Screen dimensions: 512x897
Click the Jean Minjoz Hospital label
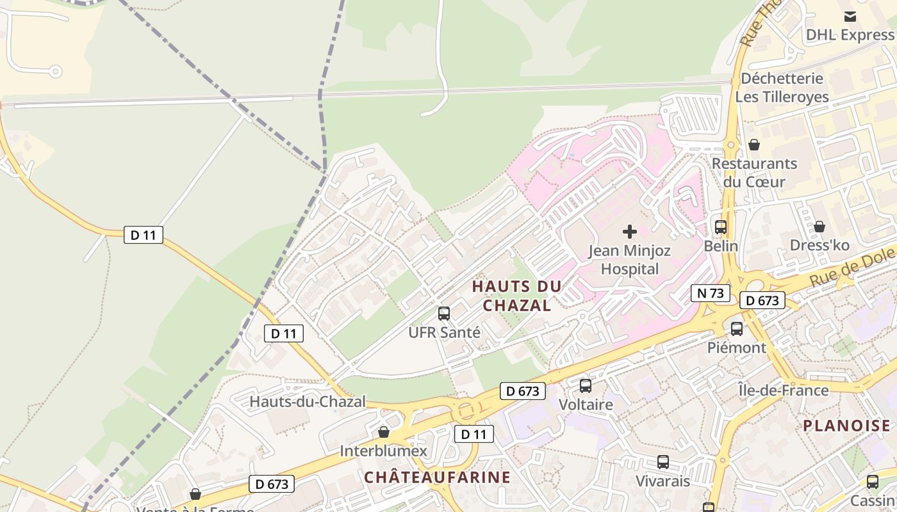630,259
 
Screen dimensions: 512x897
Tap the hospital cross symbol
630,231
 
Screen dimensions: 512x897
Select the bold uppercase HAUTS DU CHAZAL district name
516,296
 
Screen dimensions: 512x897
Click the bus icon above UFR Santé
443,314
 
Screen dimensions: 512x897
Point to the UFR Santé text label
444,332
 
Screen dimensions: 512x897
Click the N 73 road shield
711,293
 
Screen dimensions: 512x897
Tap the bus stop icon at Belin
721,227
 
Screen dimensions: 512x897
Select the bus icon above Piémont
737,329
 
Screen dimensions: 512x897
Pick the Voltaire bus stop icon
585,386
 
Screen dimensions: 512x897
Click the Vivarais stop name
662,481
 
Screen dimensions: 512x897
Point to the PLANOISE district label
846,426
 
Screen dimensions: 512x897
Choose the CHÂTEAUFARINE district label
437,477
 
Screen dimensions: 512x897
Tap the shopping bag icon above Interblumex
383,432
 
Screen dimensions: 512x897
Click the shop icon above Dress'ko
819,227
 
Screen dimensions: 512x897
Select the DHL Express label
850,35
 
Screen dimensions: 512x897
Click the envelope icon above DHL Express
850,16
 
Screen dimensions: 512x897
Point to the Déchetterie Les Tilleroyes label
782,88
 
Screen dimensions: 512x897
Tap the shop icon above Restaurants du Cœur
754,145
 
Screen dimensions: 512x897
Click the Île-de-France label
783,390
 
